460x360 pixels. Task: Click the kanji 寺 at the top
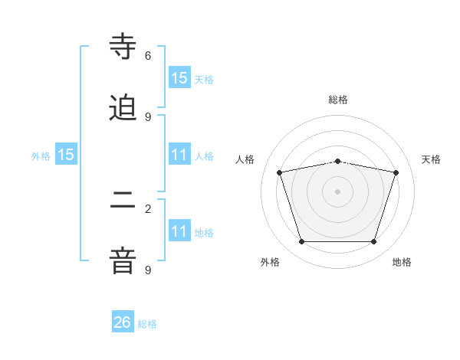click(x=123, y=46)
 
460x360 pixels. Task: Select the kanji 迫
click(x=123, y=108)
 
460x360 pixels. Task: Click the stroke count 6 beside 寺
click(x=148, y=55)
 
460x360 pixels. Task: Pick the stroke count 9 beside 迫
click(x=148, y=116)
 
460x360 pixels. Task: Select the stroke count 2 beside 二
click(x=148, y=208)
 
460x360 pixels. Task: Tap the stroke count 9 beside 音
click(x=148, y=270)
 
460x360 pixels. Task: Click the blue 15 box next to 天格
click(x=179, y=77)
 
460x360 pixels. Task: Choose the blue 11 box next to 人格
click(x=179, y=155)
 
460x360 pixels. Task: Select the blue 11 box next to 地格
click(x=179, y=231)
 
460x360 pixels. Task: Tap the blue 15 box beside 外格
click(x=66, y=155)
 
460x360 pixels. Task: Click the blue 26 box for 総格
click(x=123, y=322)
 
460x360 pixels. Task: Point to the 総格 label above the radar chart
click(x=338, y=100)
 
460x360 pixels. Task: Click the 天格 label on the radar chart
click(x=431, y=159)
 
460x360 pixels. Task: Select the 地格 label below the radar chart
click(x=402, y=262)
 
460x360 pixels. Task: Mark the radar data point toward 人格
click(x=280, y=172)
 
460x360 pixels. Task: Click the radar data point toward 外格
click(x=301, y=242)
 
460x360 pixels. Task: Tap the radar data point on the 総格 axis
click(x=338, y=161)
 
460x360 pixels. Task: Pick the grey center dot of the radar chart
click(x=338, y=191)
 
